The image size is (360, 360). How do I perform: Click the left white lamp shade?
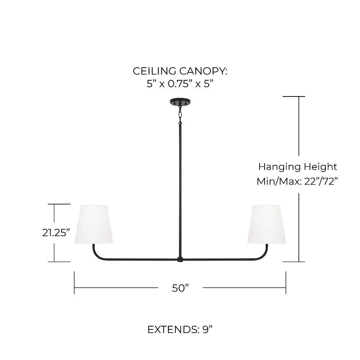coord(94,224)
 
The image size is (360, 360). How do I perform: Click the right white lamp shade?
coord(266,224)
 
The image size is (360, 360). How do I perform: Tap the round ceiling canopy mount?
coord(180,102)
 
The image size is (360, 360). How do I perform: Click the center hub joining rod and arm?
coord(180,260)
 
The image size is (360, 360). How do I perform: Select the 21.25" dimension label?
coord(56,233)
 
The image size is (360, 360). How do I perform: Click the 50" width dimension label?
coord(180,288)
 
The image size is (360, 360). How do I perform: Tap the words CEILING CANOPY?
coord(180,71)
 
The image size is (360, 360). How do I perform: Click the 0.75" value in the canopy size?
coord(180,84)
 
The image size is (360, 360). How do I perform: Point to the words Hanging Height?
coord(298,167)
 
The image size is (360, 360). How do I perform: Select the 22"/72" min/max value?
coord(321,181)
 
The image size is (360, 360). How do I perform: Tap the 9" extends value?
coord(208,330)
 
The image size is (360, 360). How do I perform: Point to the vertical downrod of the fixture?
coord(180,190)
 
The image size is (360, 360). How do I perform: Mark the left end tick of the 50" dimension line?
coord(74,283)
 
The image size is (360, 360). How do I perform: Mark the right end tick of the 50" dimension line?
coord(286,283)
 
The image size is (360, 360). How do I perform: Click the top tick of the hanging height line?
coord(294,96)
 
